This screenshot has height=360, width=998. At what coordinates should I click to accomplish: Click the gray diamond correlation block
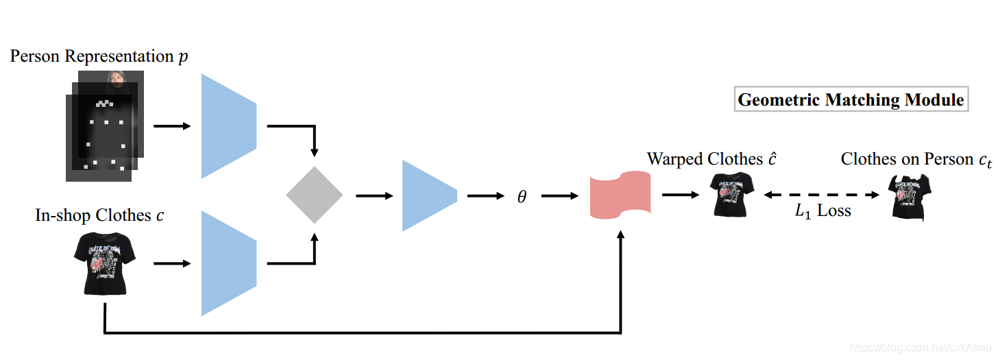point(314,195)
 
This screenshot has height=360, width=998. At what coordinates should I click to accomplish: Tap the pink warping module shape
point(620,195)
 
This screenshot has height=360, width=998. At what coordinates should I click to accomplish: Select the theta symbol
point(522,197)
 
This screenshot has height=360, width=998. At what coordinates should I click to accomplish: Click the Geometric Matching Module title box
point(851,99)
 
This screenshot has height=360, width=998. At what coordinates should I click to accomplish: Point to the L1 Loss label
point(823,211)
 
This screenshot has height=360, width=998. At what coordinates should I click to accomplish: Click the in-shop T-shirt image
point(105,263)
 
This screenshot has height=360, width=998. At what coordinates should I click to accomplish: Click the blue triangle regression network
point(426,195)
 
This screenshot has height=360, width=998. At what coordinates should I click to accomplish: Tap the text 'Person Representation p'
point(99,57)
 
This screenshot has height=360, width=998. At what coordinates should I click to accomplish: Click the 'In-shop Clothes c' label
point(100,215)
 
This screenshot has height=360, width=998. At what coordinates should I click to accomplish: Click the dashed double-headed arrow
point(822,195)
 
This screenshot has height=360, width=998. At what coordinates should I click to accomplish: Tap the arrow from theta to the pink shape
point(559,196)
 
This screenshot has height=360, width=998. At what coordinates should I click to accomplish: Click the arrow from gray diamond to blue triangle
point(374,195)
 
